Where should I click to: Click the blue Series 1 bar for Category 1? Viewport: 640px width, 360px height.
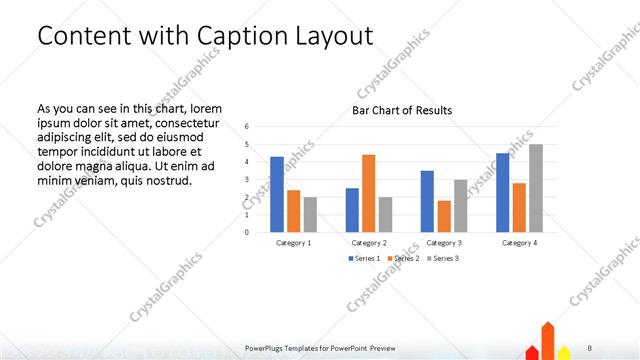[x=277, y=194]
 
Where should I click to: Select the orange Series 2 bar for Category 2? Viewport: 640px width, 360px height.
[x=368, y=193]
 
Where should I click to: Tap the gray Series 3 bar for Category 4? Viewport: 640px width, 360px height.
[x=536, y=188]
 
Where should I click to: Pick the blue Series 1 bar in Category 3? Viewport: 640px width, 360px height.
[x=427, y=201]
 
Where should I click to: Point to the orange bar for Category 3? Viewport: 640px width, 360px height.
[x=443, y=216]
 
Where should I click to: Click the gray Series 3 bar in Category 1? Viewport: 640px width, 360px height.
[x=310, y=214]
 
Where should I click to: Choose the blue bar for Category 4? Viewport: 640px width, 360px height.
[x=503, y=192]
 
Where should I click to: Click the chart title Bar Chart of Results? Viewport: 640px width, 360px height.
[x=402, y=110]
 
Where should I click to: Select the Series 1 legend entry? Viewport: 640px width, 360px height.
[x=364, y=258]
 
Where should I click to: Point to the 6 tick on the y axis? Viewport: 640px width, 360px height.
[x=247, y=127]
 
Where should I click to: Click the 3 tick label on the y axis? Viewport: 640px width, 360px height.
[x=247, y=180]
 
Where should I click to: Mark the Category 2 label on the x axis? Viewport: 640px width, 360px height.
[x=369, y=242]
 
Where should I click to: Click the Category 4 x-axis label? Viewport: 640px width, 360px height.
[x=519, y=242]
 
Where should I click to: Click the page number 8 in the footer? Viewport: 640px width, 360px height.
[x=590, y=348]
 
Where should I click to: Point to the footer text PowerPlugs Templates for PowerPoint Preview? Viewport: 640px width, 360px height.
[x=319, y=348]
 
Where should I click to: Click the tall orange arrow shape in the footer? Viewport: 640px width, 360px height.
[x=548, y=340]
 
